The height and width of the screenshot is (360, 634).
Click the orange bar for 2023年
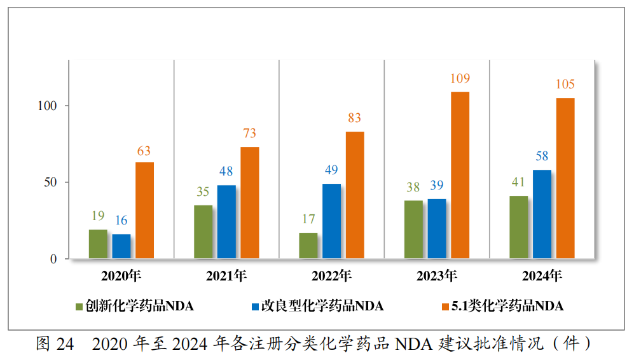pos(460,176)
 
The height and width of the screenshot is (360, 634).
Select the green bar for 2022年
pos(308,246)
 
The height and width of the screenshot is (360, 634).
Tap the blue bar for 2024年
pos(542,214)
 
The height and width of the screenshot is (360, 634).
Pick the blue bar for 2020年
pos(121,247)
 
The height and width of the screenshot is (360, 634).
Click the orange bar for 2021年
pos(249,203)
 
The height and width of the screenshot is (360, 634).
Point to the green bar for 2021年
pos(203,232)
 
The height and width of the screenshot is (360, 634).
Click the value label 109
pos(460,79)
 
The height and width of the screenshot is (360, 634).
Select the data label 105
pos(565,85)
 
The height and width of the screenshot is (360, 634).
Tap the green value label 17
pos(308,219)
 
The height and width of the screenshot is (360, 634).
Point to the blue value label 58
pos(542,156)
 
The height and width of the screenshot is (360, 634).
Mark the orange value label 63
pos(144,151)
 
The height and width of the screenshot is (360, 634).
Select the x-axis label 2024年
pos(542,277)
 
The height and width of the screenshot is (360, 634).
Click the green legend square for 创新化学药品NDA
pos(79,307)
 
